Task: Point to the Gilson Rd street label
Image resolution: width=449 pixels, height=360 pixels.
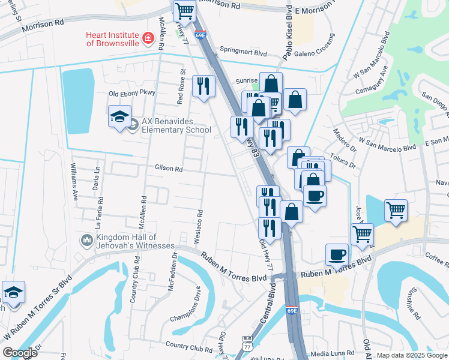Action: point(169,169)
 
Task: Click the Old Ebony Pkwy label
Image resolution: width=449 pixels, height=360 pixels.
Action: point(131,93)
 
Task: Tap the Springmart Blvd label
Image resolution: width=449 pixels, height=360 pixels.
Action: point(243,52)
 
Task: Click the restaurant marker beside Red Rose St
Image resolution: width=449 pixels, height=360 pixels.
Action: point(203,85)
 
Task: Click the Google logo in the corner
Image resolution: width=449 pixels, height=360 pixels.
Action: point(20,353)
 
